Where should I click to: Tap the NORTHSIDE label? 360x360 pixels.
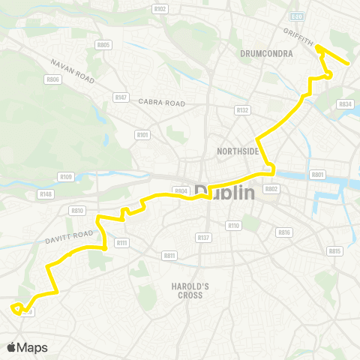pyautogui.click(x=238, y=151)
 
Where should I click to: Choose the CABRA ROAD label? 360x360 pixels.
pyautogui.click(x=161, y=103)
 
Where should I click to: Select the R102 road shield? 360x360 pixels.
pyautogui.click(x=159, y=9)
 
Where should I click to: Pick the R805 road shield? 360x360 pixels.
pyautogui.click(x=103, y=45)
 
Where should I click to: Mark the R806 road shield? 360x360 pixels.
pyautogui.click(x=52, y=79)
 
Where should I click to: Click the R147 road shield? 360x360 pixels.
pyautogui.click(x=121, y=97)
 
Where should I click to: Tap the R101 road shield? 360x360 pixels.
pyautogui.click(x=142, y=135)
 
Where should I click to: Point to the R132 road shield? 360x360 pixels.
pyautogui.click(x=241, y=109)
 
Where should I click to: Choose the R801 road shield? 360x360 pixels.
pyautogui.click(x=318, y=175)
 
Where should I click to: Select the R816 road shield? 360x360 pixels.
pyautogui.click(x=283, y=232)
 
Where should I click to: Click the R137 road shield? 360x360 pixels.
pyautogui.click(x=202, y=238)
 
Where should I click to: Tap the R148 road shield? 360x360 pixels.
pyautogui.click(x=46, y=194)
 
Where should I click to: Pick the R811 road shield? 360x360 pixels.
pyautogui.click(x=169, y=256)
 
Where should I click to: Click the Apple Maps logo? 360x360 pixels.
pyautogui.click(x=27, y=347)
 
